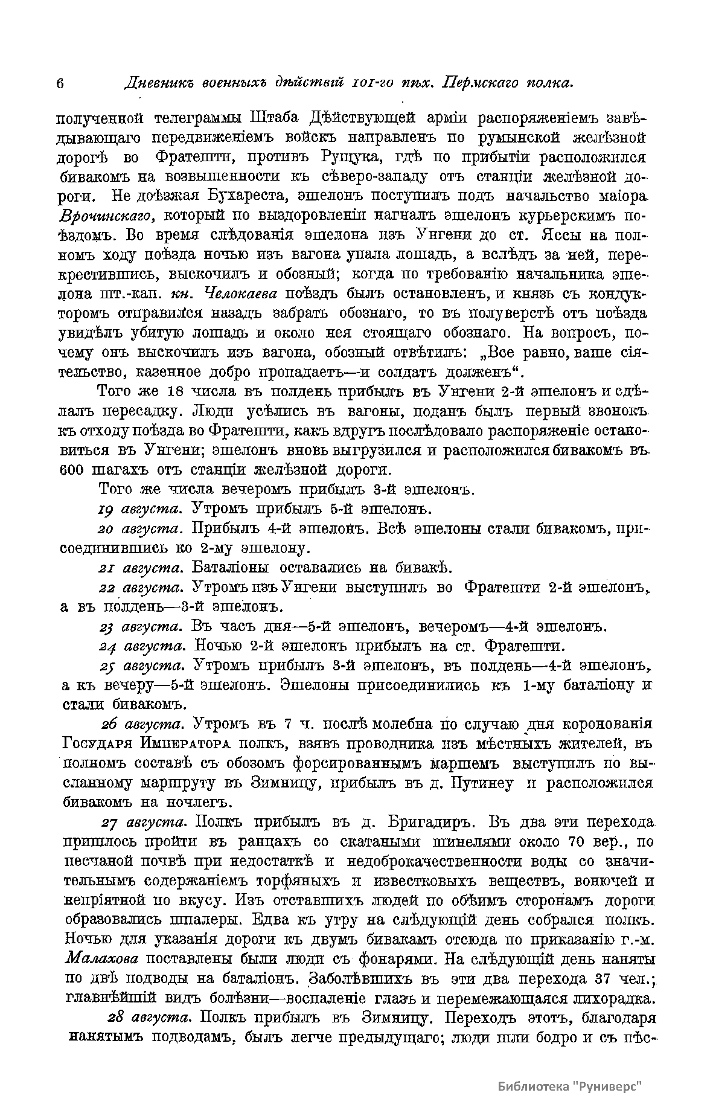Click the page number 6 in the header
coord(60,84)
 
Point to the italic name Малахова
coord(101,959)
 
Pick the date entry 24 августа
coord(141,646)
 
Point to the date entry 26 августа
coord(143,724)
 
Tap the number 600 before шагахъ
coord(75,470)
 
